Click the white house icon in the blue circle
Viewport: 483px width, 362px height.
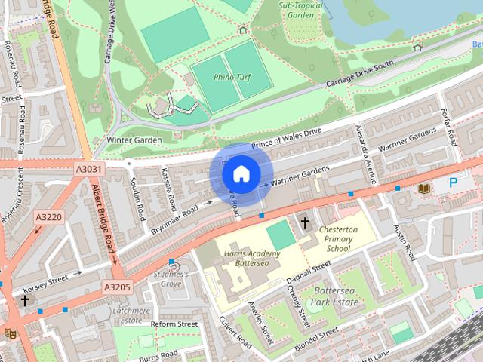(x=240, y=174)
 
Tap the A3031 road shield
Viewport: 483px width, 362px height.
(x=88, y=170)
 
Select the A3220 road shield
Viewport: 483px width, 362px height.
(x=48, y=217)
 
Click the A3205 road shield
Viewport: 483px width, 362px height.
(x=117, y=287)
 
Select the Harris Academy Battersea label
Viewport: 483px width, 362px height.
(x=251, y=258)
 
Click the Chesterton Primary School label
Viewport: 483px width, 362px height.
(x=337, y=238)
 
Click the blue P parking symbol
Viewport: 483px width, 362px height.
(x=453, y=183)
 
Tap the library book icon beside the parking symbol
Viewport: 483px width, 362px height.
(x=424, y=187)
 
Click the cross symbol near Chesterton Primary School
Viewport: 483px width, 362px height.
(x=306, y=222)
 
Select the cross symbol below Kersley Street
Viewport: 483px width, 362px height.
(x=25, y=300)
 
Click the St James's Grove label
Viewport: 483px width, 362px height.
(x=167, y=279)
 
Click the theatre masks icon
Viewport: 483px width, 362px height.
(x=10, y=332)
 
